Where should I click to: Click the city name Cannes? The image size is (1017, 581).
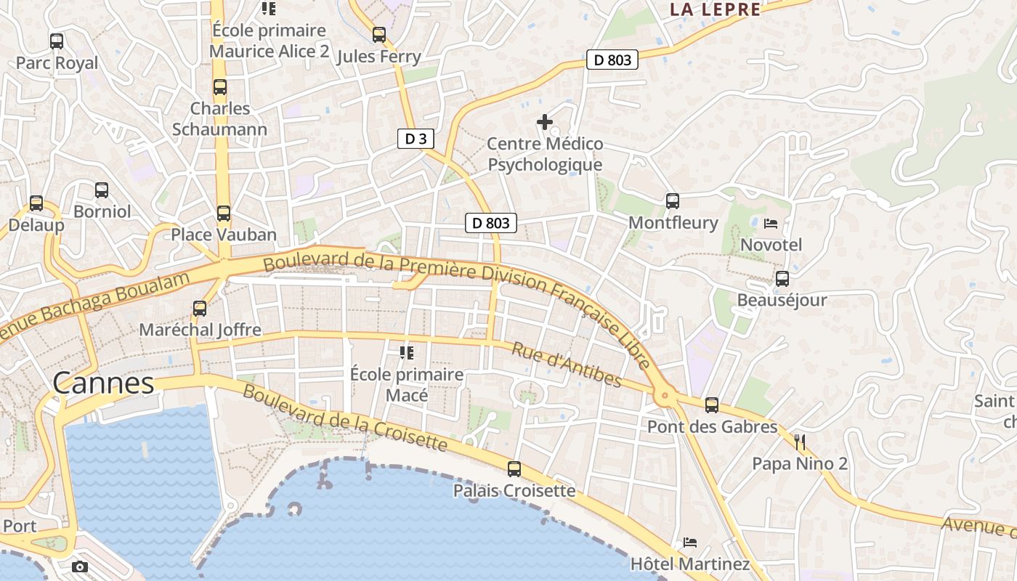[104, 383]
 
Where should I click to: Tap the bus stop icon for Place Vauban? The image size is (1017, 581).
[224, 214]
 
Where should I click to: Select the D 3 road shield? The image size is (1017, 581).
[416, 139]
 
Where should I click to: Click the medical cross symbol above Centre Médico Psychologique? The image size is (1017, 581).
[544, 122]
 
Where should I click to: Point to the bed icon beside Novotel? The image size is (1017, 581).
[771, 224]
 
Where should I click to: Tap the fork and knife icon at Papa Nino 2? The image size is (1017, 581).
[800, 442]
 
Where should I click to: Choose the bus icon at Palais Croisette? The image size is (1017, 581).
[514, 469]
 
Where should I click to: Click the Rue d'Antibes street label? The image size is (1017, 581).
[567, 365]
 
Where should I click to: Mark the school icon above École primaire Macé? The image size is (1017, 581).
[407, 353]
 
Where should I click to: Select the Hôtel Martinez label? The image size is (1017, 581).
[689, 564]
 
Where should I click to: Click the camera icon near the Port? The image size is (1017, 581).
[80, 566]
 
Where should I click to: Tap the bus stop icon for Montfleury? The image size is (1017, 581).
[673, 201]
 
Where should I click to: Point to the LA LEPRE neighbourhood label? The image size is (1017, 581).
[715, 9]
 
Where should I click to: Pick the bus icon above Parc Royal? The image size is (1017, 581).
[57, 41]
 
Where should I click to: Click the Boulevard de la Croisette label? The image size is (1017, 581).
[344, 417]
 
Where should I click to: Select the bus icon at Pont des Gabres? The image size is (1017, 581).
[712, 405]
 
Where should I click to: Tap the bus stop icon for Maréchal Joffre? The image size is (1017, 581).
[200, 309]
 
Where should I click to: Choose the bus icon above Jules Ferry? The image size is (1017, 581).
[379, 35]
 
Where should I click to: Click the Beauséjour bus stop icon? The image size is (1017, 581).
[782, 279]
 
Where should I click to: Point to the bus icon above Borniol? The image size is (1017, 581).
[102, 190]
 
